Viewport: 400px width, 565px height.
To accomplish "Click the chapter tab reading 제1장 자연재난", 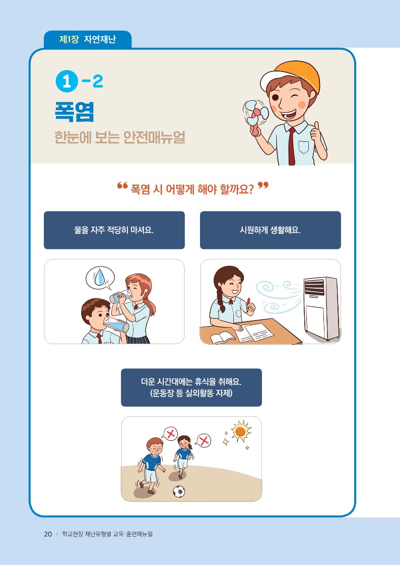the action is point(88,39).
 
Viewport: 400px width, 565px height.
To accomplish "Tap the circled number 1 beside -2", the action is point(66,82).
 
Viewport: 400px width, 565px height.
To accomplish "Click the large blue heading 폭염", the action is point(75,112).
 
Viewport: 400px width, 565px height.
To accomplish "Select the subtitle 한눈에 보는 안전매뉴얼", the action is point(120,137).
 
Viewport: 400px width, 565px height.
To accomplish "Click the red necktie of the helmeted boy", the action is point(291,145).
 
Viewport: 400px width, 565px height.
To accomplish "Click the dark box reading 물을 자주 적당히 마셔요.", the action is point(114,230).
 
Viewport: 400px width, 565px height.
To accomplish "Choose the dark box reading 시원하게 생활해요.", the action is point(271,230).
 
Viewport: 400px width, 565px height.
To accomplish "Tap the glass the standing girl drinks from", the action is point(120,297).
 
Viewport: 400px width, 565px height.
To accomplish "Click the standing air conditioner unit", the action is point(320,308).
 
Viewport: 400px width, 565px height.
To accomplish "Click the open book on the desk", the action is point(223,339).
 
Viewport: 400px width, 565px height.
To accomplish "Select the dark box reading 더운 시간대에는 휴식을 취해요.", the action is point(191,387).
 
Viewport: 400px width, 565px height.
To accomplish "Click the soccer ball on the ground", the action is point(178,491).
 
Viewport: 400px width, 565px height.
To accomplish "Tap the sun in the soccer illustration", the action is point(241,431).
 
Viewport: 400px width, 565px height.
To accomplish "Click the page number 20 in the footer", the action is point(48,534).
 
